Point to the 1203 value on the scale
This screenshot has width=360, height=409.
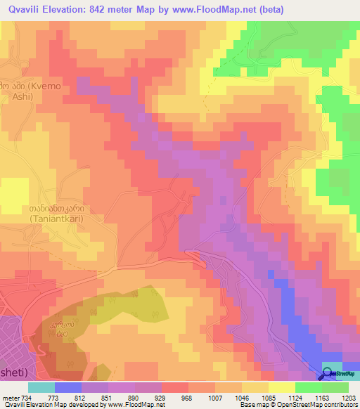point(349,398)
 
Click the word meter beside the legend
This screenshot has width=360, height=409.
point(11,398)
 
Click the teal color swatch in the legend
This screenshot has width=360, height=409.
point(41,387)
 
